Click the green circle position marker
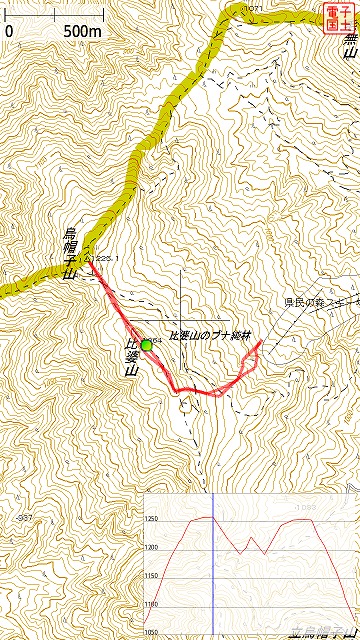tap(147, 345)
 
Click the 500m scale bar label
tap(83, 31)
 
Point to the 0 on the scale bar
tap(9, 31)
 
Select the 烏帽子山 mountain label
tap(70, 252)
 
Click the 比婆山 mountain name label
tap(131, 357)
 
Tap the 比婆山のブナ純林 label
tap(208, 335)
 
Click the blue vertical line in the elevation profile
tap(213, 565)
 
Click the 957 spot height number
tap(25, 517)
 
